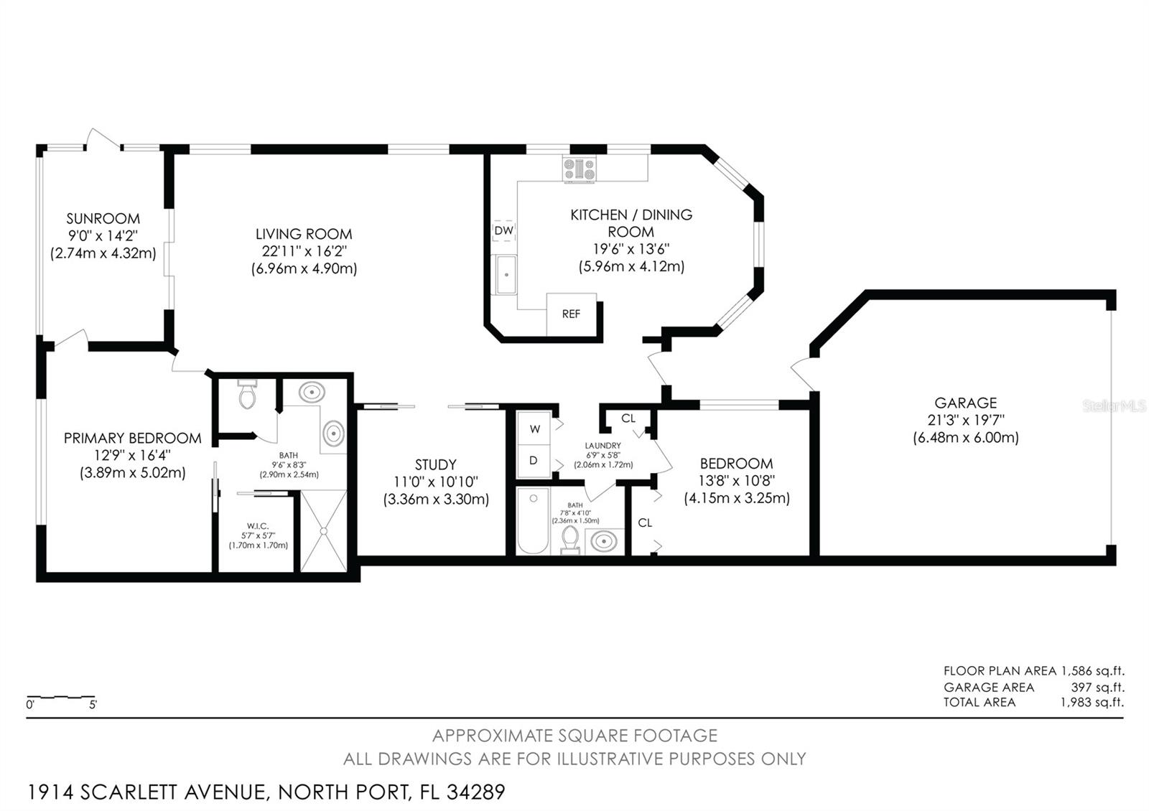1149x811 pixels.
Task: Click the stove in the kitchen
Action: (x=579, y=169)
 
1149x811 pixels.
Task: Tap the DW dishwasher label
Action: (x=504, y=230)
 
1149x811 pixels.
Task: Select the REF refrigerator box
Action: (x=571, y=314)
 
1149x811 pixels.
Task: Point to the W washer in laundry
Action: (x=534, y=429)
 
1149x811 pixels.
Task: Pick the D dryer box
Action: (x=534, y=461)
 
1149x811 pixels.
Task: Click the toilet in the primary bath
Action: (x=248, y=395)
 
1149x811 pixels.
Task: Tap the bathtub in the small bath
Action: (x=533, y=520)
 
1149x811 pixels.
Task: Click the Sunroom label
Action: (x=103, y=219)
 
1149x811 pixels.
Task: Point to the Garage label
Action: (x=965, y=403)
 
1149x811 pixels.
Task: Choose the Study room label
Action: (x=435, y=464)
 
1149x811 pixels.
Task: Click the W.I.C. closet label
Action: (x=258, y=526)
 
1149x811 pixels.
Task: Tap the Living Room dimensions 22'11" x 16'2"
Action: (x=304, y=251)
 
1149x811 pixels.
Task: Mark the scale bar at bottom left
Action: (x=61, y=698)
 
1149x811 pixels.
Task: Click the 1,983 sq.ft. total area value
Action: (x=1092, y=703)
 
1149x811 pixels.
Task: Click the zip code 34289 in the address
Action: (x=475, y=792)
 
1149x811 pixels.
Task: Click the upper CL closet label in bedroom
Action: (x=628, y=418)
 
